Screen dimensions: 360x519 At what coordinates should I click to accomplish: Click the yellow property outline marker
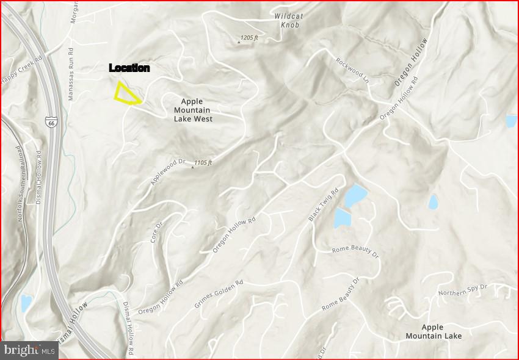(126, 94)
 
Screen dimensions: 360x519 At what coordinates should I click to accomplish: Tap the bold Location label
(129, 68)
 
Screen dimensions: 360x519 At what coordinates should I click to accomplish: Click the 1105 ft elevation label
(203, 163)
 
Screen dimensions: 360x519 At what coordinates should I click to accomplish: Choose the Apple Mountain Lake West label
(193, 110)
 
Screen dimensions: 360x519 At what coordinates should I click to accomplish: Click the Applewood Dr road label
(168, 172)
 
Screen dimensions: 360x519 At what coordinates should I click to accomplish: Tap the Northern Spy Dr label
(463, 290)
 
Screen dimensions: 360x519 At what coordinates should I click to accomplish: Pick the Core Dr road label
(157, 232)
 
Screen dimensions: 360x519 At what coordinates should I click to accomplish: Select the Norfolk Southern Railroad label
(21, 183)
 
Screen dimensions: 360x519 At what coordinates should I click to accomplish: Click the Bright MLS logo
(29, 350)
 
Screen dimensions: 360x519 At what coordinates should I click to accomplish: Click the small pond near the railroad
(26, 303)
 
